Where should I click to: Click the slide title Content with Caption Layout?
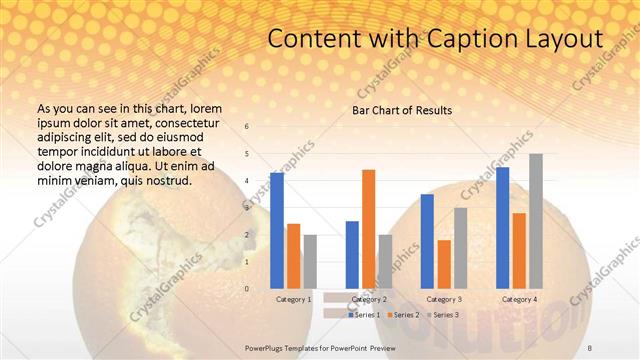436,39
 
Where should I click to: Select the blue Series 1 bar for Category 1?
277,230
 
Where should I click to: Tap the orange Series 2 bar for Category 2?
368,228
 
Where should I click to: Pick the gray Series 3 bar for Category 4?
535,221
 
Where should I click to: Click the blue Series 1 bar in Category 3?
427,241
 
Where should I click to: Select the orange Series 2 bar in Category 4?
518,250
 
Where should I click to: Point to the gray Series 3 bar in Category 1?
310,261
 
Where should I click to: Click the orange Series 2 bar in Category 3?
443,263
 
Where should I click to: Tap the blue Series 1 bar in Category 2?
352,254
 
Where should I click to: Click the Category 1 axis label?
294,299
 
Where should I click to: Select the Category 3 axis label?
443,299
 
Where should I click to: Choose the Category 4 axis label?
518,299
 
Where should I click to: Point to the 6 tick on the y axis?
247,127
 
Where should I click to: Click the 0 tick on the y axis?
247,288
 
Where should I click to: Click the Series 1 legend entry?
365,314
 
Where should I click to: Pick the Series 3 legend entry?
443,314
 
